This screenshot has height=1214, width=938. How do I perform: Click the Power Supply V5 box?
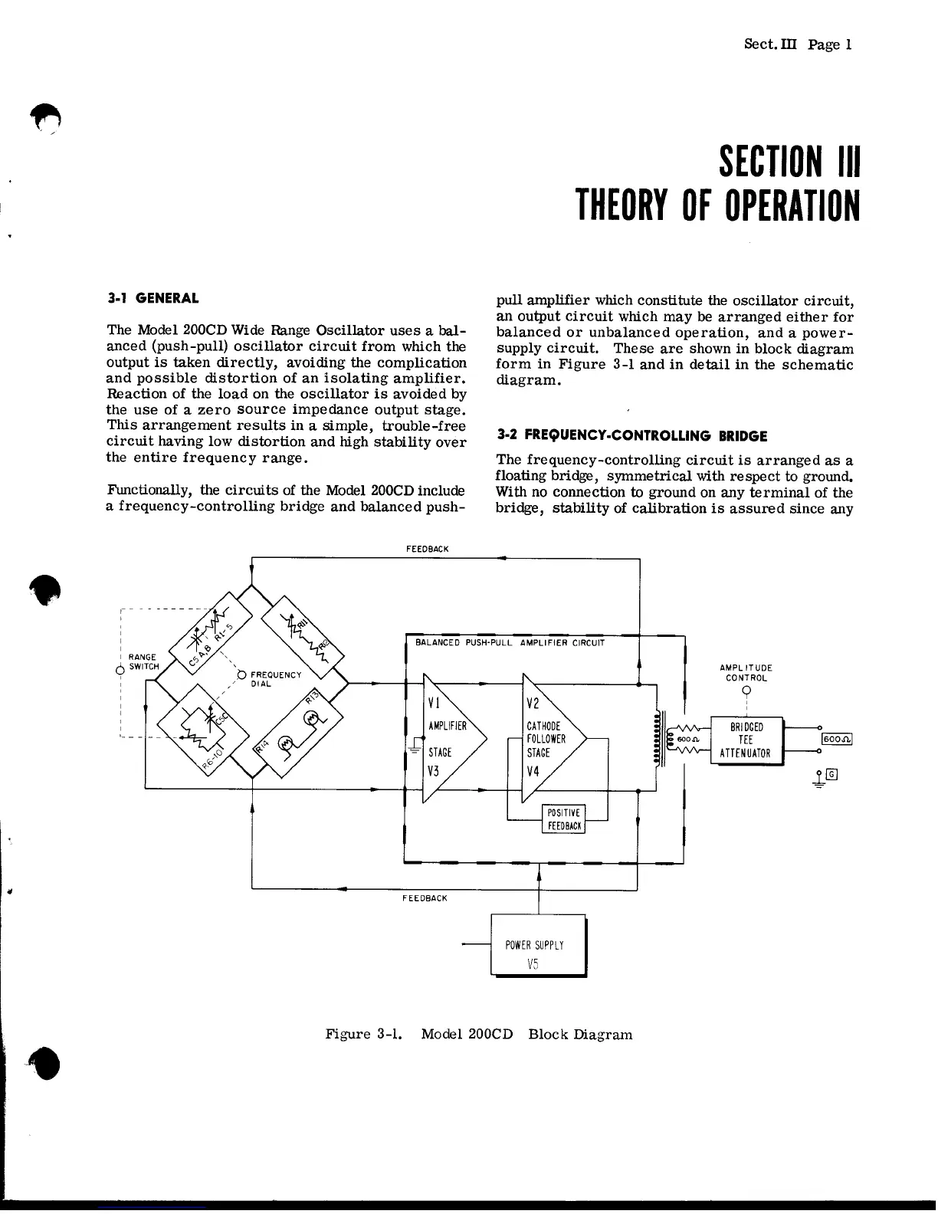(x=538, y=946)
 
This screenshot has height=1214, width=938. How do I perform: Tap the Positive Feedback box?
(x=564, y=819)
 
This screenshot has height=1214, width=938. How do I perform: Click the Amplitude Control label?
(x=746, y=673)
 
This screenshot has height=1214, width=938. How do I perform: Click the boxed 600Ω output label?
(x=837, y=740)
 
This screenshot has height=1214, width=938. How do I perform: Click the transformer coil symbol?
(x=657, y=740)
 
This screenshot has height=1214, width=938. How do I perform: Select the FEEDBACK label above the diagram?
(x=427, y=550)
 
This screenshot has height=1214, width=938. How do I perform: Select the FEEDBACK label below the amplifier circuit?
(x=425, y=897)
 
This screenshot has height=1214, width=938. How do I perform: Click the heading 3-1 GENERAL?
(x=153, y=298)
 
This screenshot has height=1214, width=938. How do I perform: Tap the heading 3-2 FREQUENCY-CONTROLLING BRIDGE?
(x=631, y=436)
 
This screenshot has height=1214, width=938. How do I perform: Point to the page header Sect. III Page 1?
(x=798, y=44)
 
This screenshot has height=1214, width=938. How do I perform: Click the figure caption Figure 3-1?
(x=479, y=1034)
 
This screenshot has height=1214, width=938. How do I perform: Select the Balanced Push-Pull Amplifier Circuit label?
(x=510, y=643)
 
